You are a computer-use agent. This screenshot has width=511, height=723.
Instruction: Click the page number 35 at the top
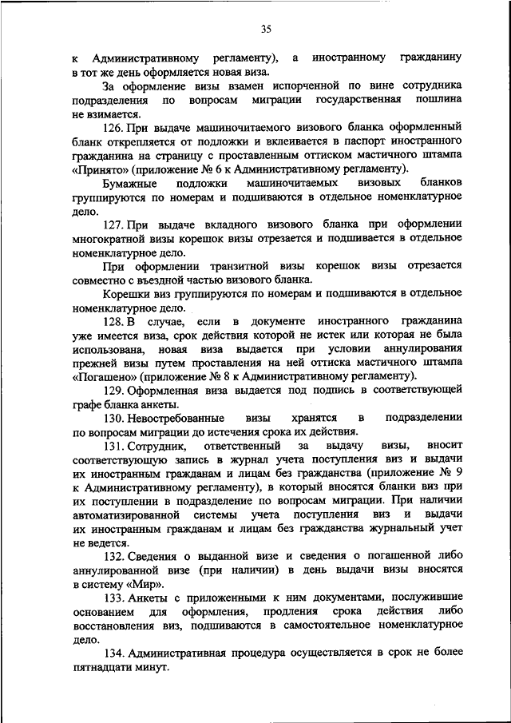(266, 30)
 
